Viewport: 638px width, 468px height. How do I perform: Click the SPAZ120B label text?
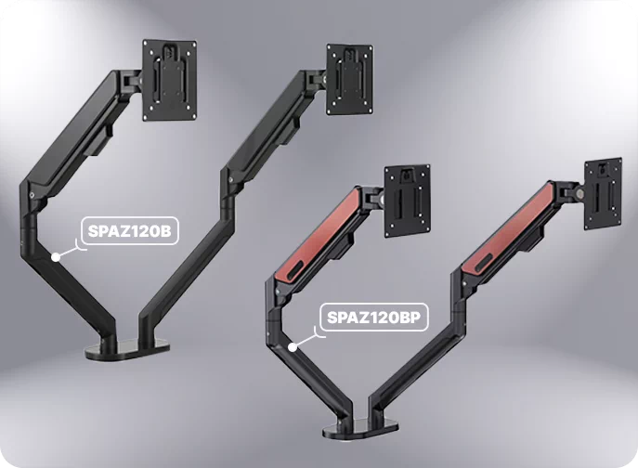pyautogui.click(x=129, y=230)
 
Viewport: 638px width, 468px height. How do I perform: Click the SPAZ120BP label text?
pyautogui.click(x=373, y=317)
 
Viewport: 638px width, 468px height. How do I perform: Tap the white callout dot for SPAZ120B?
pyautogui.click(x=56, y=257)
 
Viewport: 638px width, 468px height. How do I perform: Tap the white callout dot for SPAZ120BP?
pyautogui.click(x=293, y=347)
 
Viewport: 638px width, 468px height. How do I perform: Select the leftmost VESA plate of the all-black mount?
pyautogui.click(x=170, y=80)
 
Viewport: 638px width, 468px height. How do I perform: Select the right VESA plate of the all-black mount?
pyautogui.click(x=350, y=80)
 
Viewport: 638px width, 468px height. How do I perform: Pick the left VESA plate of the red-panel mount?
pyautogui.click(x=408, y=201)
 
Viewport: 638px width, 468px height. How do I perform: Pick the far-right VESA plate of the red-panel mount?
pyautogui.click(x=604, y=194)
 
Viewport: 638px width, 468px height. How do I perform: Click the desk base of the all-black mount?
pyautogui.click(x=126, y=350)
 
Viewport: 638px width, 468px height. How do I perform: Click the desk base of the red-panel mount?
pyautogui.click(x=360, y=429)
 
